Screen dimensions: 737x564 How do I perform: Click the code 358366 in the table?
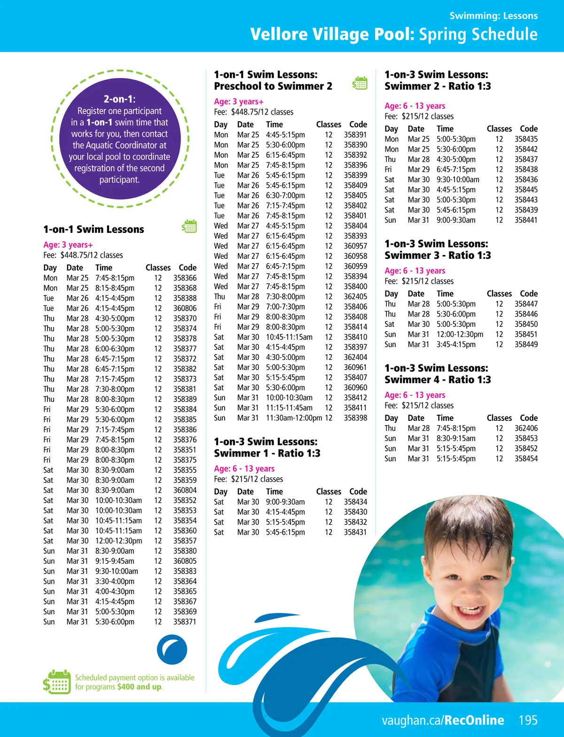[x=185, y=278]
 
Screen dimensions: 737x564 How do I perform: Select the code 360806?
[x=185, y=309]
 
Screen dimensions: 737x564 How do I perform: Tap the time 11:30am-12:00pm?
[x=294, y=418]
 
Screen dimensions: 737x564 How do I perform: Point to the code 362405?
[x=355, y=297]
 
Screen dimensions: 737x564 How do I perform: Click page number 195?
[x=528, y=720]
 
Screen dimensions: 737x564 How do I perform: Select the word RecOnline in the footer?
[x=474, y=720]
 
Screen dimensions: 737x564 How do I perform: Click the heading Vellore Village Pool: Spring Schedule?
[x=394, y=34]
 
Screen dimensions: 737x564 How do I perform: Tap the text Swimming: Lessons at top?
[x=493, y=16]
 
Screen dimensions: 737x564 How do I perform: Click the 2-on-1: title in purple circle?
[x=119, y=99]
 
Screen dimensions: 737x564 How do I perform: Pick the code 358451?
[x=526, y=334]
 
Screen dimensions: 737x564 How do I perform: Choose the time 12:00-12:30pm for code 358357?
[x=118, y=541]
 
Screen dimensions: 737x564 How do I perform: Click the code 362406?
[x=526, y=428]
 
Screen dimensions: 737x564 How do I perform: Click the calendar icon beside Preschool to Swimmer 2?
[x=360, y=83]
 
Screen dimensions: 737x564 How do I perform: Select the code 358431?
[x=355, y=532]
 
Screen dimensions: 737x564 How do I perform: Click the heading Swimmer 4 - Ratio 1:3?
[x=438, y=380]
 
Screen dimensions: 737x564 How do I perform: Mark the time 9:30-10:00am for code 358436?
[x=458, y=179]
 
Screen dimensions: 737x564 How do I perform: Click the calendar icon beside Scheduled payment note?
[x=57, y=682]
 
